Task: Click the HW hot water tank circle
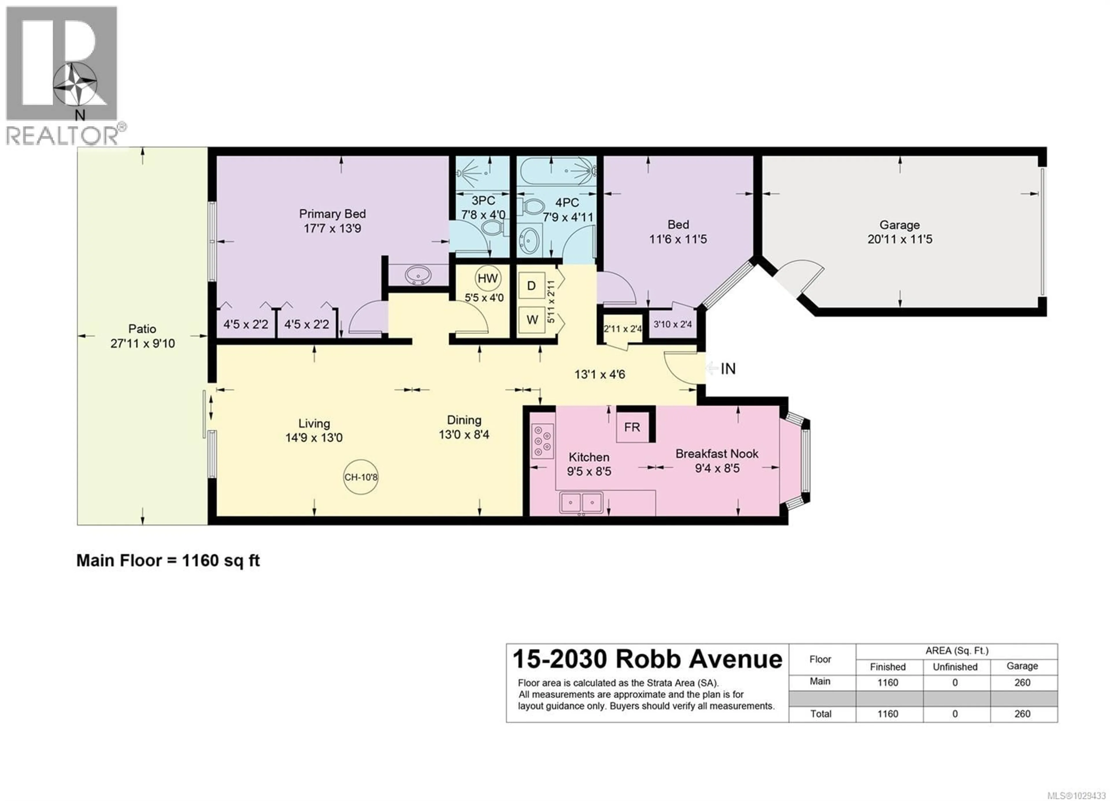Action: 487,279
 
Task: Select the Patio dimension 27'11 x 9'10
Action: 143,344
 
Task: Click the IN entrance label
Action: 728,369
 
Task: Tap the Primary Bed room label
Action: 332,214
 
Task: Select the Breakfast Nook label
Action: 717,454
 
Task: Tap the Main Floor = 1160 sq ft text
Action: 168,560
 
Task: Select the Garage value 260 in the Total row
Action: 1022,714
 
